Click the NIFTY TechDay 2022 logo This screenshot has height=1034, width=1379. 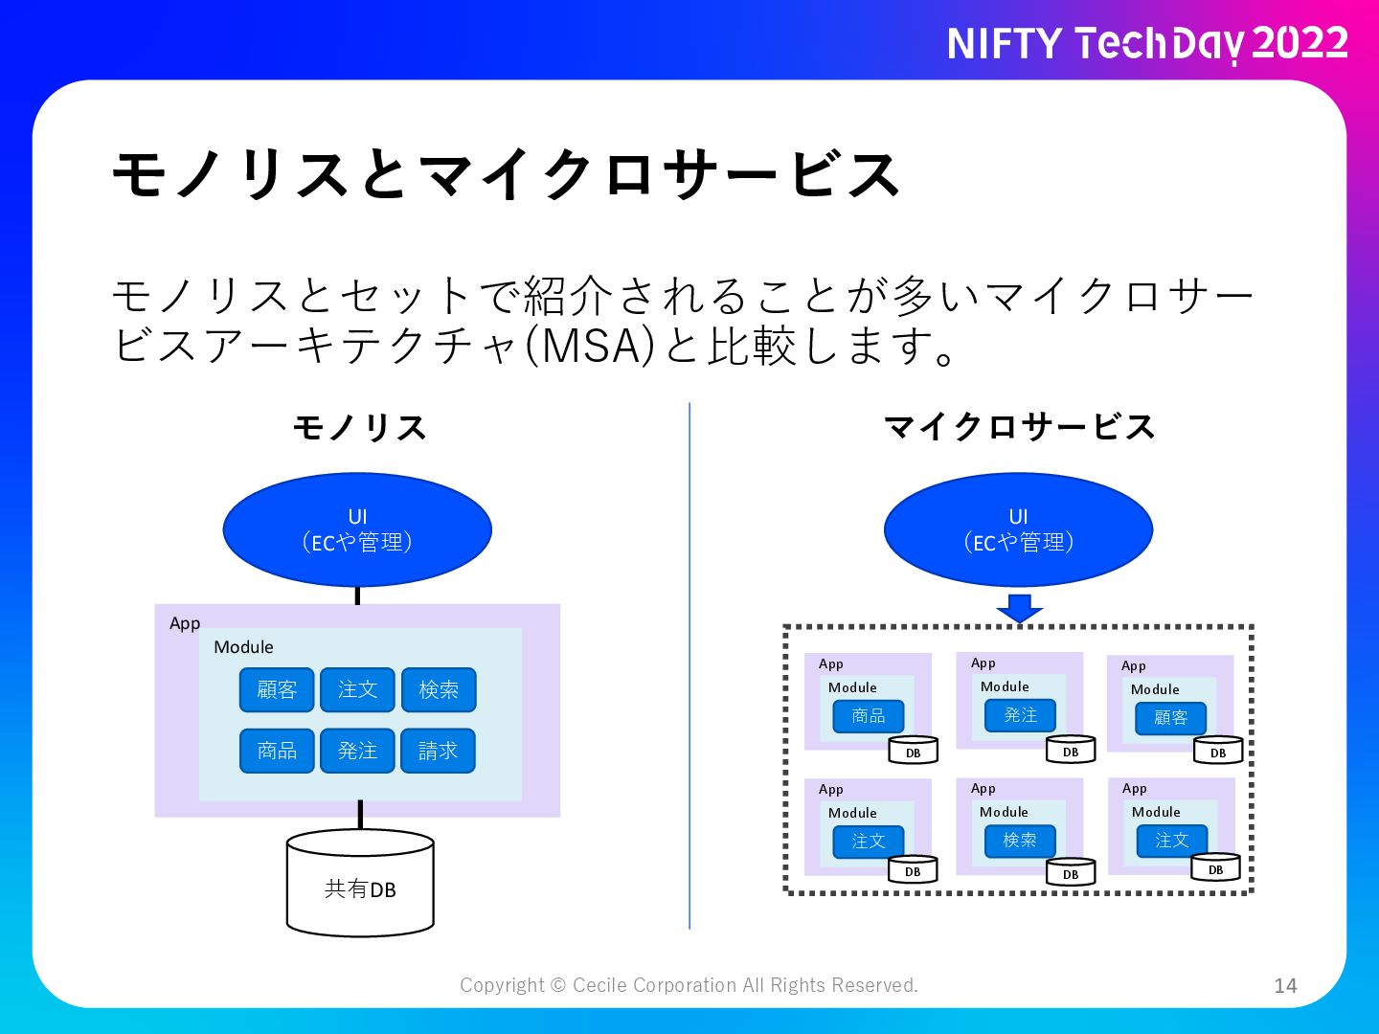(1147, 44)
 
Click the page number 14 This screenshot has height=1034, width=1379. (1285, 986)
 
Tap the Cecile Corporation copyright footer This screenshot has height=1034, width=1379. (689, 985)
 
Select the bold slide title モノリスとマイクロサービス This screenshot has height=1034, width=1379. (507, 174)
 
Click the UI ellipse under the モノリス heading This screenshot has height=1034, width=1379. (357, 529)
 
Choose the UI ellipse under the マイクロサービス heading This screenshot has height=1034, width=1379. (1018, 529)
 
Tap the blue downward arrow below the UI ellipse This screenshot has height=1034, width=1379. (1019, 608)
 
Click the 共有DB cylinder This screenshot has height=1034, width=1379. (360, 883)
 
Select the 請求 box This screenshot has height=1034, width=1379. (438, 751)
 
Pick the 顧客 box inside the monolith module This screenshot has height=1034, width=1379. (277, 690)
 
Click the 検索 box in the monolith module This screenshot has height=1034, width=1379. (439, 690)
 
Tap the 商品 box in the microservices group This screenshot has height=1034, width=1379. (869, 716)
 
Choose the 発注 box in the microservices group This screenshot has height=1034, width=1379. (1020, 715)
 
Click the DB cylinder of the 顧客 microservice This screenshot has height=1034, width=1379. (1217, 750)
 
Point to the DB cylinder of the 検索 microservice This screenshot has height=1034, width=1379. (1071, 871)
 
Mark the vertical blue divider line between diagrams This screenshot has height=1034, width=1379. (689, 665)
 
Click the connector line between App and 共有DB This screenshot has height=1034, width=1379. (360, 815)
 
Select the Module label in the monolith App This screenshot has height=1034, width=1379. (243, 647)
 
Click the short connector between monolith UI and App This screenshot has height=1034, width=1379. (357, 596)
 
